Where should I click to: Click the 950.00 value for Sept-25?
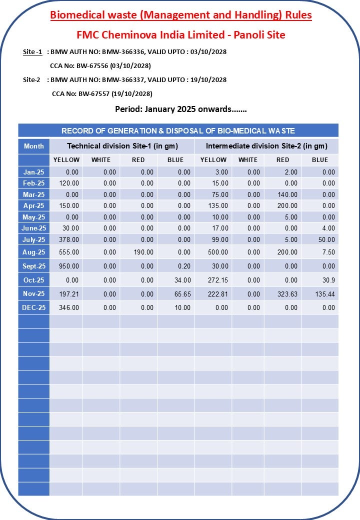[x=69, y=266]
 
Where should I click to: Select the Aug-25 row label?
[x=34, y=252]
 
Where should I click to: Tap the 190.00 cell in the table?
[x=143, y=252]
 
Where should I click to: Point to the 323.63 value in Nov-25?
[x=287, y=294]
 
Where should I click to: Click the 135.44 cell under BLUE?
[x=324, y=294]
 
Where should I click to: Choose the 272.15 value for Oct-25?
[x=217, y=280]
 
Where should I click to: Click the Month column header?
[x=34, y=146]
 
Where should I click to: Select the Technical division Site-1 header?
[x=122, y=146]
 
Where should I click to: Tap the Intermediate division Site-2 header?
[x=266, y=146]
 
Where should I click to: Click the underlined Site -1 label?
[x=32, y=51]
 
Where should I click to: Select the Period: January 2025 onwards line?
[x=180, y=109]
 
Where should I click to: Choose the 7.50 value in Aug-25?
[x=328, y=252]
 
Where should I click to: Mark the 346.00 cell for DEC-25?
[x=69, y=308]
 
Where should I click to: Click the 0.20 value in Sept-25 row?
[x=184, y=266]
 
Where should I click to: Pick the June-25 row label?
[x=34, y=228]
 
